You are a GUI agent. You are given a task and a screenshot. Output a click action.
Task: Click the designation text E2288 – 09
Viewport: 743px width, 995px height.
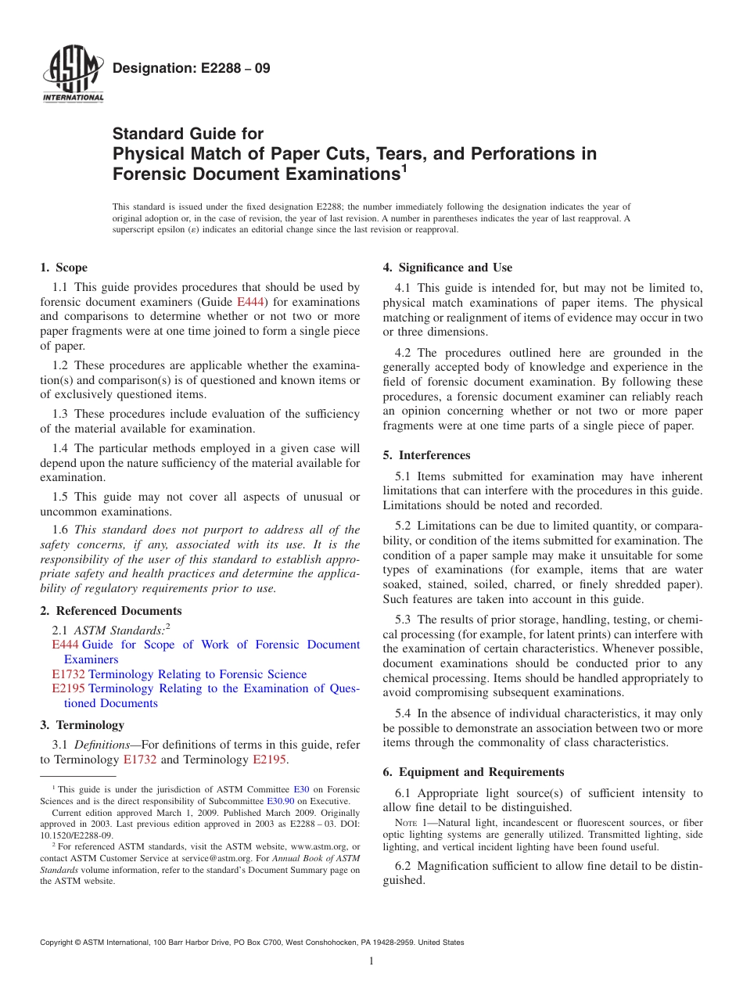(192, 69)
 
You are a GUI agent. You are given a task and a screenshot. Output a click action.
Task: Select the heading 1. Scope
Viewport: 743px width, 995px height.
(63, 268)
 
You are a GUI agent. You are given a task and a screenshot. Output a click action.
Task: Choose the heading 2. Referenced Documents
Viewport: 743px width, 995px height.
(111, 611)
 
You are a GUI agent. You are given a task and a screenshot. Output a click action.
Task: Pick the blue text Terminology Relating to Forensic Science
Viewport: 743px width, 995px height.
(197, 674)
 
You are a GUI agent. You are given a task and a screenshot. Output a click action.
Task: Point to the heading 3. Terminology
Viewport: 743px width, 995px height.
(82, 725)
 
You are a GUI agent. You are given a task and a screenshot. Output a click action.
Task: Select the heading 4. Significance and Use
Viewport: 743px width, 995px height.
(447, 268)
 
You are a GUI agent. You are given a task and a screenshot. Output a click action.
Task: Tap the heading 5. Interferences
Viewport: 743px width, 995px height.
(426, 455)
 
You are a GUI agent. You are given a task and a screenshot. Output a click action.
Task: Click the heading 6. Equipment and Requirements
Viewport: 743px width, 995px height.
(473, 772)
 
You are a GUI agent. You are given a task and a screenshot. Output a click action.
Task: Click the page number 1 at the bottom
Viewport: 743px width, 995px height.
(371, 961)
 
